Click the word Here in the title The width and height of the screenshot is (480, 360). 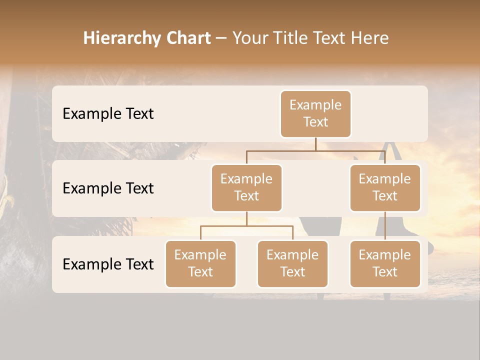[x=369, y=38]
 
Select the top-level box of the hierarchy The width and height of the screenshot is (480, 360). [x=315, y=114]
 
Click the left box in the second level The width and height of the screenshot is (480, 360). [x=246, y=188]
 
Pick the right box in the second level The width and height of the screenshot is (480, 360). [x=385, y=188]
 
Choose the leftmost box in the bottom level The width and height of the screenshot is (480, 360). [x=200, y=264]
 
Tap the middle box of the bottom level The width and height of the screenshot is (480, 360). [x=292, y=264]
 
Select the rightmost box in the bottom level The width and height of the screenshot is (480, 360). [x=385, y=264]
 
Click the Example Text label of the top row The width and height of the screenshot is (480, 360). [x=108, y=114]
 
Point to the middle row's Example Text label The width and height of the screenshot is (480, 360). [x=108, y=188]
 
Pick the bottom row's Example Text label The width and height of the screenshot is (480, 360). [x=108, y=264]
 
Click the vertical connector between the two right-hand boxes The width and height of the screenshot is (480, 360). [x=385, y=226]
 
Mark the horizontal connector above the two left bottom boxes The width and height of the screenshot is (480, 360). [x=246, y=226]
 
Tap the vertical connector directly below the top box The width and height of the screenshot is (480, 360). [x=315, y=144]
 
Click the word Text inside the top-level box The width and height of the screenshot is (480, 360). [x=315, y=122]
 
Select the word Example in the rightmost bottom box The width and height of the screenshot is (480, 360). [x=385, y=255]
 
